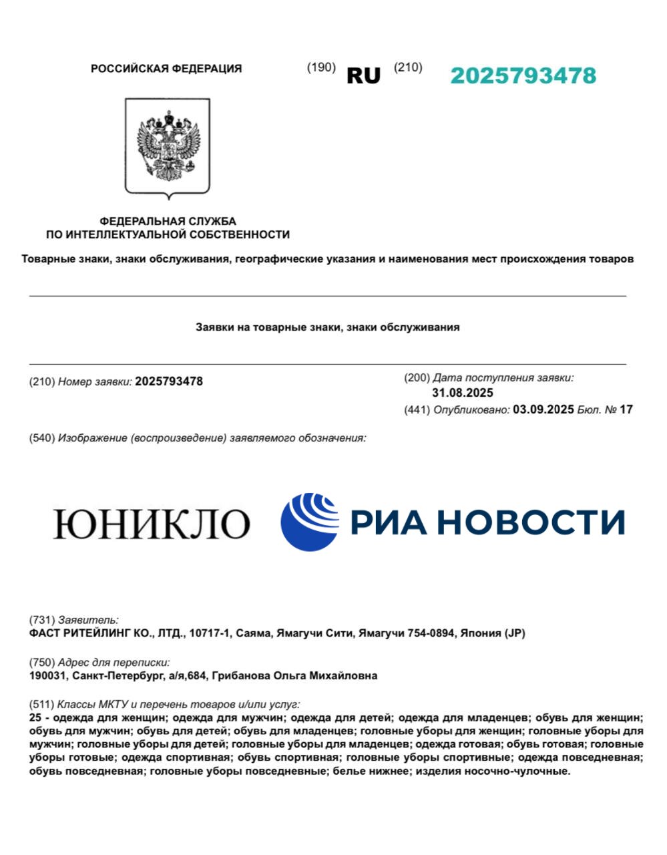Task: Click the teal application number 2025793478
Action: tap(523, 75)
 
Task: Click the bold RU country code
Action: tap(363, 75)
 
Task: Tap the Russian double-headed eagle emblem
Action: tap(168, 148)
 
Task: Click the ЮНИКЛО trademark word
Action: tap(152, 523)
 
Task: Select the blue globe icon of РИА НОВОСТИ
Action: tap(310, 522)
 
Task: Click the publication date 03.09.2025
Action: tap(543, 409)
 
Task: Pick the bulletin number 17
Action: tap(626, 409)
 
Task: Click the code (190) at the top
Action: tap(321, 67)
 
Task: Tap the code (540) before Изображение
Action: tap(42, 438)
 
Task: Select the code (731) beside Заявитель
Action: tap(42, 620)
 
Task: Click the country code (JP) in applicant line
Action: tap(514, 633)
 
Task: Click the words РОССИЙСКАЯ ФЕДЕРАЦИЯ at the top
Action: tap(166, 68)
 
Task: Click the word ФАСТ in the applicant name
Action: tap(45, 633)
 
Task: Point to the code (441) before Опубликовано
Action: tap(417, 409)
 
